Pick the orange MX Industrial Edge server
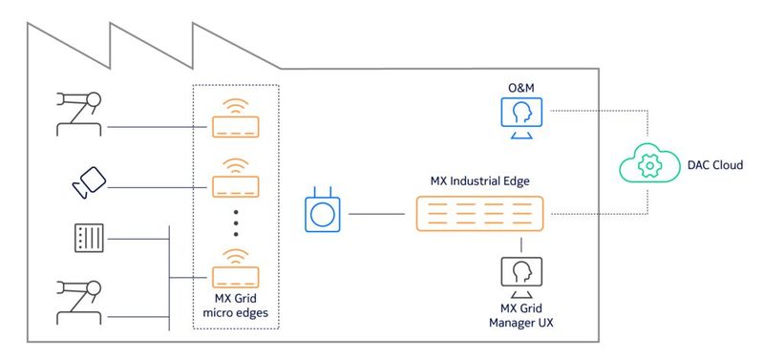(480, 214)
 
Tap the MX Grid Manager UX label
(521, 314)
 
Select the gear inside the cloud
(649, 167)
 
